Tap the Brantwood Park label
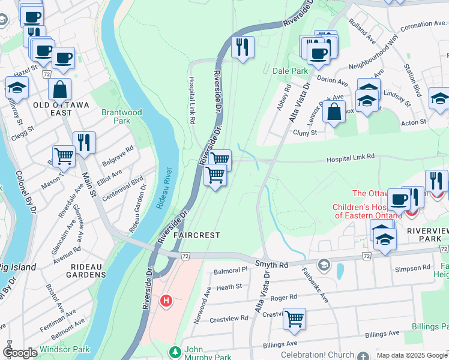(x=121, y=116)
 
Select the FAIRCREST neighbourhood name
(x=197, y=235)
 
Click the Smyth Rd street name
(x=272, y=263)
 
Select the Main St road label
(x=87, y=185)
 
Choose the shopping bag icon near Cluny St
(x=334, y=110)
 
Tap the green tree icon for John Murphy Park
(x=175, y=351)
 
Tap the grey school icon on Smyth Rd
(x=324, y=265)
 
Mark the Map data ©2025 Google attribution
(x=411, y=355)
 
